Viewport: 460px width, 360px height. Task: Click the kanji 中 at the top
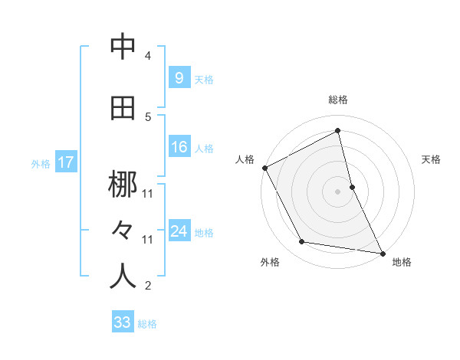tap(123, 47)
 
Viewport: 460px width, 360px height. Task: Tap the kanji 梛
tap(123, 185)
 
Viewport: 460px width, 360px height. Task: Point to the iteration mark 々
tap(123, 231)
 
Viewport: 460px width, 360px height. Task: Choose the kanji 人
tap(123, 276)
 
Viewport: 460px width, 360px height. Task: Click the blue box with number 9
tap(179, 78)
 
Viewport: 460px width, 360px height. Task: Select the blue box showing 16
tap(179, 147)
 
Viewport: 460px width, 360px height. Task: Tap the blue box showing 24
tap(179, 231)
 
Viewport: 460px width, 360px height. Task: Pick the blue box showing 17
tap(65, 162)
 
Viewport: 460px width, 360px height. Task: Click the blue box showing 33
tap(122, 322)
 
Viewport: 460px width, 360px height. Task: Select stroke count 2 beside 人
tap(148, 286)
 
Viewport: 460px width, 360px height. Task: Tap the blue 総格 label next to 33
tap(147, 324)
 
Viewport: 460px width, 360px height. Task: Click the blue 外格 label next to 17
tap(41, 163)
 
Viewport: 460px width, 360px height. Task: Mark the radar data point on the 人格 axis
tap(264, 168)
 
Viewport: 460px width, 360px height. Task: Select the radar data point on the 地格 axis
tap(381, 253)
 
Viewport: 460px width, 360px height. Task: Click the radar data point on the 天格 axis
tap(352, 187)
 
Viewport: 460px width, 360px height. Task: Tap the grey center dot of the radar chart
tap(337, 191)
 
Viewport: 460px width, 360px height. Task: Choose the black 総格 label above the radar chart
tap(337, 100)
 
